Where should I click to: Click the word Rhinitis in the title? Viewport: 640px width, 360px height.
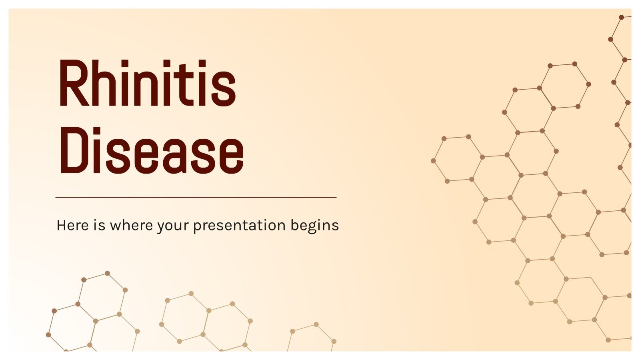point(147,84)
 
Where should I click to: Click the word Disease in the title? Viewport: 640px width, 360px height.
point(151,151)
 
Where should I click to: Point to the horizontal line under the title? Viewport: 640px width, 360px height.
point(196,197)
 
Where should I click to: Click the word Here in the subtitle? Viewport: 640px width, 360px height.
point(73,226)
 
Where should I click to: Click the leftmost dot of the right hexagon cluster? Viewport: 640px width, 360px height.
point(433,161)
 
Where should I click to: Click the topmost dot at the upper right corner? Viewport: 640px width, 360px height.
point(621,17)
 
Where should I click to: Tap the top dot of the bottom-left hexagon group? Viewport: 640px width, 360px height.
point(107,273)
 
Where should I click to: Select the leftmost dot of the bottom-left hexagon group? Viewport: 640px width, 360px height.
point(48,335)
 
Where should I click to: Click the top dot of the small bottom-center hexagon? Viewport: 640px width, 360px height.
point(316,324)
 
